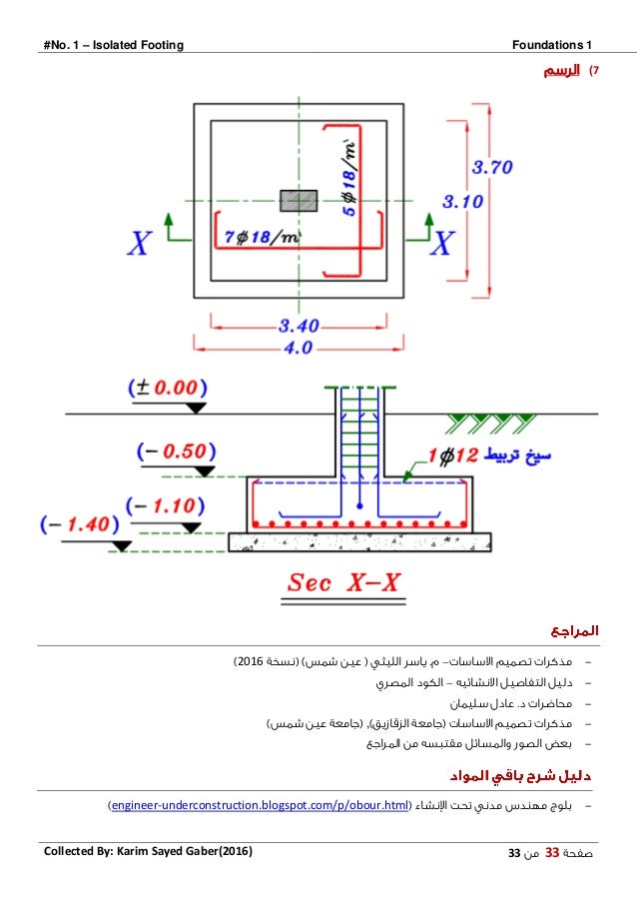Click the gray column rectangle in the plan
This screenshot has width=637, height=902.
[x=299, y=200]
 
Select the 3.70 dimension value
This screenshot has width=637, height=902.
[x=492, y=167]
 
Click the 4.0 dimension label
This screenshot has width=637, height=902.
[x=299, y=348]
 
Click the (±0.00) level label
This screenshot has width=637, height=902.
[x=167, y=387]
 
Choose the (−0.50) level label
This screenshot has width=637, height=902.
[x=169, y=451]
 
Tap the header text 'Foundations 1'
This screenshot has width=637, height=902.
[x=552, y=44]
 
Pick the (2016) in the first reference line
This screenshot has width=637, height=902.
[x=249, y=662]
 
